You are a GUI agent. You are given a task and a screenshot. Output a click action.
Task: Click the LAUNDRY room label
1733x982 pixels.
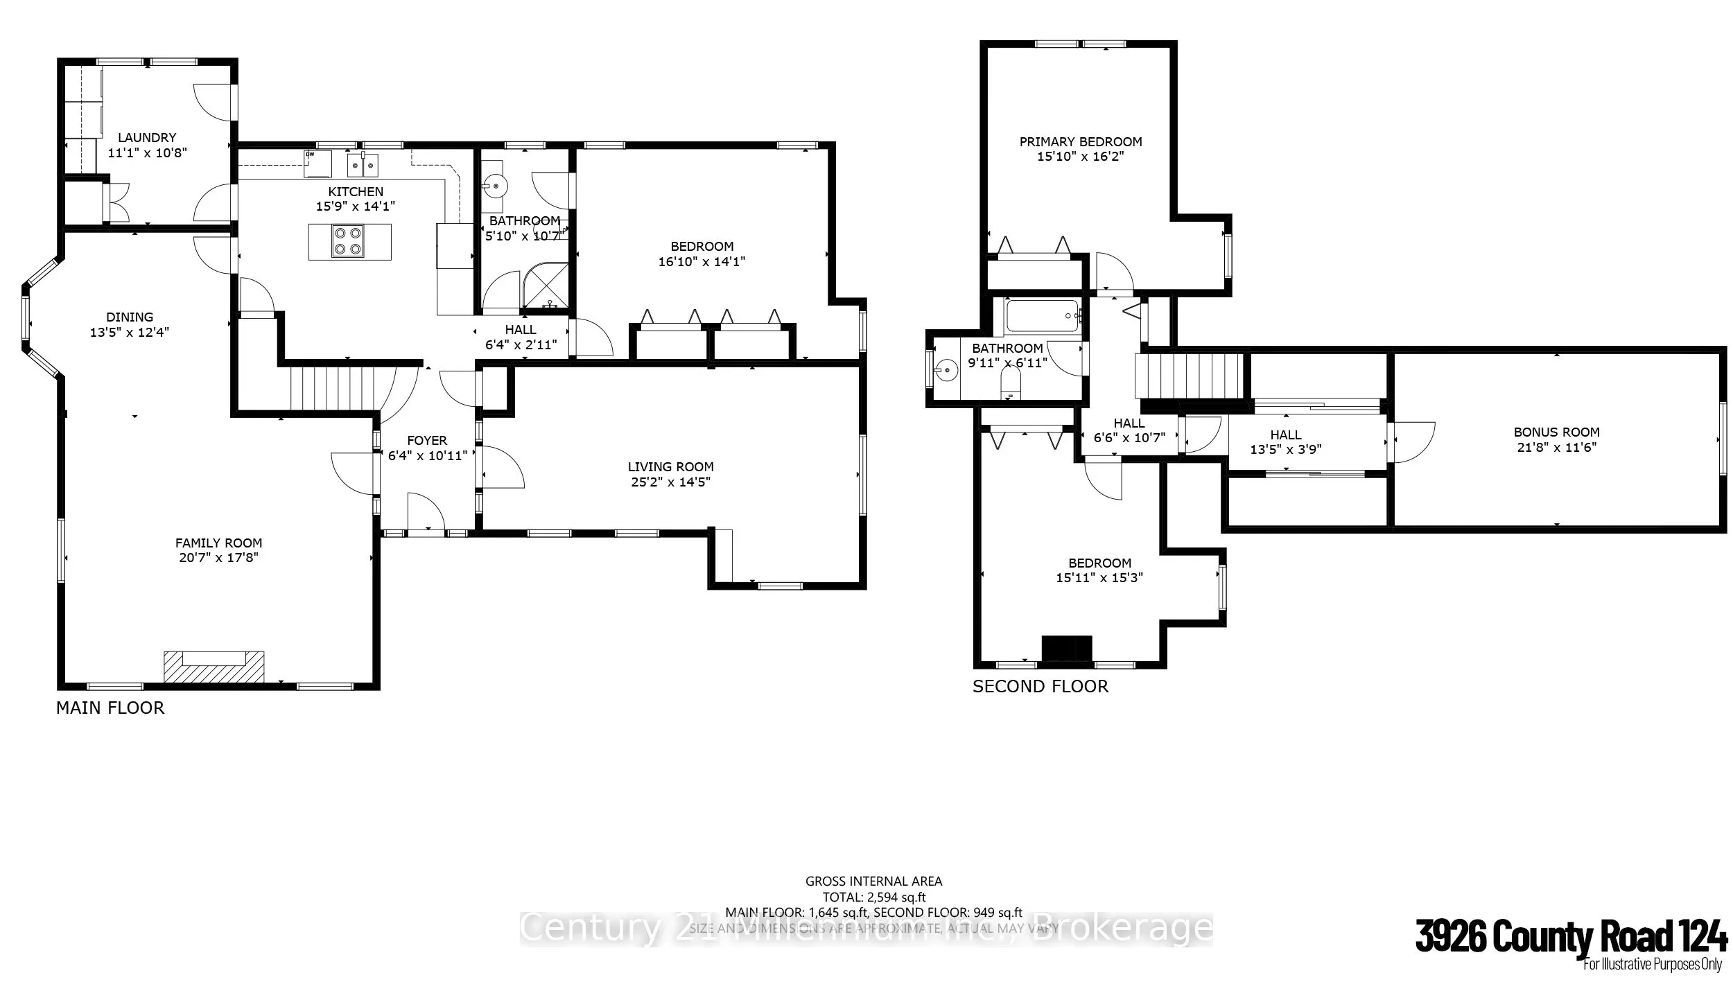(147, 138)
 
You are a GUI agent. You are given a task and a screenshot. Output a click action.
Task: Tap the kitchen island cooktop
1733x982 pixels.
(348, 241)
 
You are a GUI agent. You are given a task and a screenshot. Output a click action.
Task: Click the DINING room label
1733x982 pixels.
(130, 317)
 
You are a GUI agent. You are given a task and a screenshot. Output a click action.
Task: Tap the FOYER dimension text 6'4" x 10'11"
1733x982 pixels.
(427, 455)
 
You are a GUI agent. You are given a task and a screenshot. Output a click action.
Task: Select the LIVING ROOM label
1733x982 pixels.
(670, 467)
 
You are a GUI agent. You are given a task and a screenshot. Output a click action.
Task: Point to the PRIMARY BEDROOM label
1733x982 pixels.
(1080, 142)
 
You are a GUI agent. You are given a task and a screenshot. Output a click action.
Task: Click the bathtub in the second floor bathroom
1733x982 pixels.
(1043, 316)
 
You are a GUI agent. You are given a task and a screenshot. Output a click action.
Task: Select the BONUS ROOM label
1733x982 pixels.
(1556, 432)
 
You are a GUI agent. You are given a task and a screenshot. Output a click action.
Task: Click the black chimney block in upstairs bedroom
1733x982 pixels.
(1067, 649)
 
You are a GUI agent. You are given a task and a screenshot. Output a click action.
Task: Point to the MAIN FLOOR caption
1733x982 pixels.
(110, 708)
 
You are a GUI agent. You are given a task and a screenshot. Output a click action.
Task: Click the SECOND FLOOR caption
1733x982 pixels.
(1040, 686)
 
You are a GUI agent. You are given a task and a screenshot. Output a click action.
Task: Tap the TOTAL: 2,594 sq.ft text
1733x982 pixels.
(873, 897)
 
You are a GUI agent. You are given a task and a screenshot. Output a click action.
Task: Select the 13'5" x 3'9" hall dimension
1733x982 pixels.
(1285, 449)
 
